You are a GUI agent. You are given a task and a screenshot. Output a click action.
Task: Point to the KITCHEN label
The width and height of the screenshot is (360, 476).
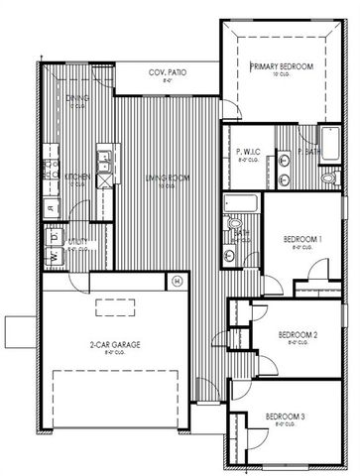[78, 177]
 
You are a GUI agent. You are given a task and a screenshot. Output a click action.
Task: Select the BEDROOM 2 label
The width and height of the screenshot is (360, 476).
[297, 335]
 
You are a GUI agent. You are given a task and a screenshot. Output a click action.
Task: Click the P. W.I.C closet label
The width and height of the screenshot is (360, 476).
[250, 152]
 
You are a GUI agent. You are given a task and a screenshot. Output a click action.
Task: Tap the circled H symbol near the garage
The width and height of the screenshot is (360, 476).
[177, 281]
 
